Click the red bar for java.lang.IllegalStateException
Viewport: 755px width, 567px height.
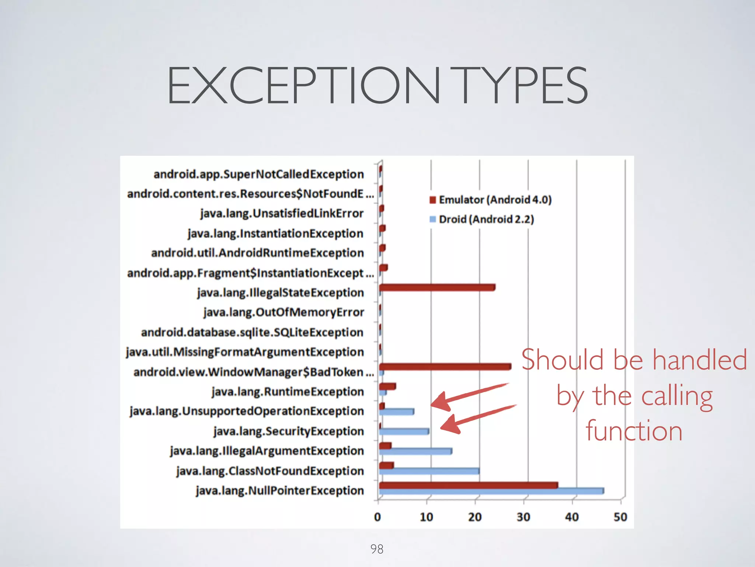click(x=437, y=287)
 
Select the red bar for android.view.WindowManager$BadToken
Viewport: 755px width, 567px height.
click(x=445, y=367)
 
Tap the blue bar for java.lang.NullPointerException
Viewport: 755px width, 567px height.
click(x=491, y=491)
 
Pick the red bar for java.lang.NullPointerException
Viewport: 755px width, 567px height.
click(x=468, y=485)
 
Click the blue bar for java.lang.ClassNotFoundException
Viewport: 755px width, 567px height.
click(x=429, y=471)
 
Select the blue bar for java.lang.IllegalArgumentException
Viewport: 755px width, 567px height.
click(x=415, y=451)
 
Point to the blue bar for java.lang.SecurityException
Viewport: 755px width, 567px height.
click(x=404, y=431)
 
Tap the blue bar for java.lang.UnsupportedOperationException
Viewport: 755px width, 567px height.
click(x=397, y=411)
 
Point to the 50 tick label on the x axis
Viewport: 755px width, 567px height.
click(x=620, y=517)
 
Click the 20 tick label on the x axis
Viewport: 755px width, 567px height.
click(x=475, y=517)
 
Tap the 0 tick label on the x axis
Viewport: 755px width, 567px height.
click(x=377, y=517)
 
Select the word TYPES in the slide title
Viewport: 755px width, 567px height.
click(x=523, y=85)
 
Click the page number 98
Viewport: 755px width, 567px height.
click(x=377, y=549)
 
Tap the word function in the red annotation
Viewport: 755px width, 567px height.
click(x=634, y=431)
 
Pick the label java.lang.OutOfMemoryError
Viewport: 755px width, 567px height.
click(x=283, y=312)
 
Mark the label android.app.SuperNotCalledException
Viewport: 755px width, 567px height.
click(x=258, y=174)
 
